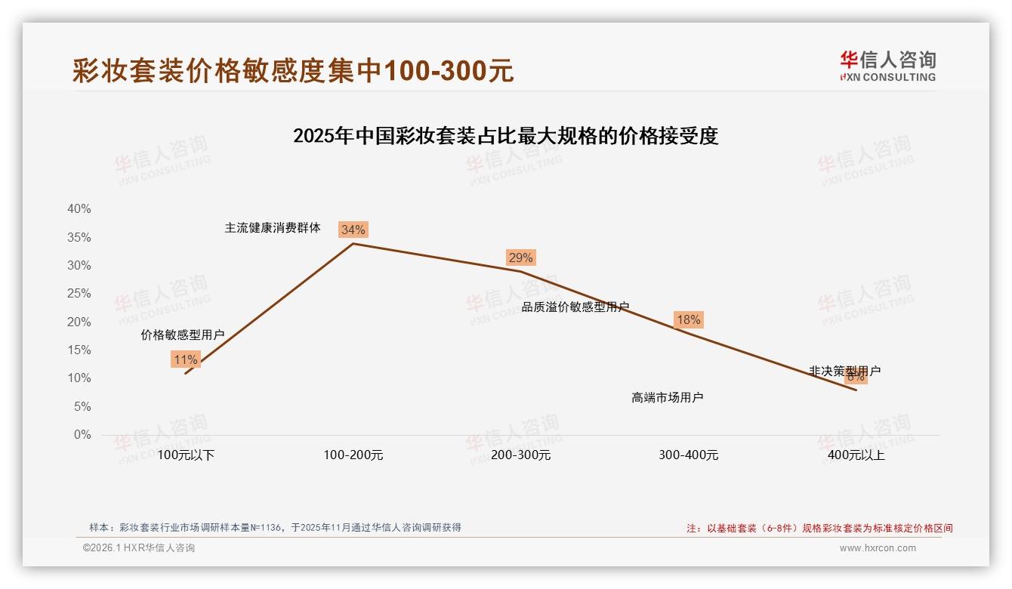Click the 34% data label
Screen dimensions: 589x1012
point(353,230)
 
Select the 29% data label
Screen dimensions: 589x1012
point(520,257)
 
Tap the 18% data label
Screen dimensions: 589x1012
point(688,319)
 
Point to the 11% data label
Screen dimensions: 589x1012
point(185,359)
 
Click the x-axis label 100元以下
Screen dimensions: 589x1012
point(186,455)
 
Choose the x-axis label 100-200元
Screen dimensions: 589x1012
point(353,455)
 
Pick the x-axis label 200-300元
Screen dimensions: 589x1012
point(521,455)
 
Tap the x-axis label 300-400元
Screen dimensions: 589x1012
point(689,455)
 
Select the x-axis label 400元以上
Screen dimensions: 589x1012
point(856,455)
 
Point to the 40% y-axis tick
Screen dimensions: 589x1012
point(79,209)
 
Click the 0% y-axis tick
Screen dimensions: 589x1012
point(82,435)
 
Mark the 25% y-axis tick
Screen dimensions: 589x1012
point(79,294)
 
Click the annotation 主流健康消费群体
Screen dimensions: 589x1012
point(273,227)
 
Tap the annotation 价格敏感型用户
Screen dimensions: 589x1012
point(183,335)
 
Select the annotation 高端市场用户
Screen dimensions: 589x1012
point(668,397)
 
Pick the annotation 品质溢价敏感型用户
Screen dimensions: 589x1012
point(575,307)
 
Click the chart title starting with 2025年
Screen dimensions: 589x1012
point(505,136)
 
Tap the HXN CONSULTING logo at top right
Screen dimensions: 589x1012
point(887,66)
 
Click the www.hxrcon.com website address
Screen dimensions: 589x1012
point(878,548)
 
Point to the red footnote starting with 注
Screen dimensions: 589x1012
point(819,529)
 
